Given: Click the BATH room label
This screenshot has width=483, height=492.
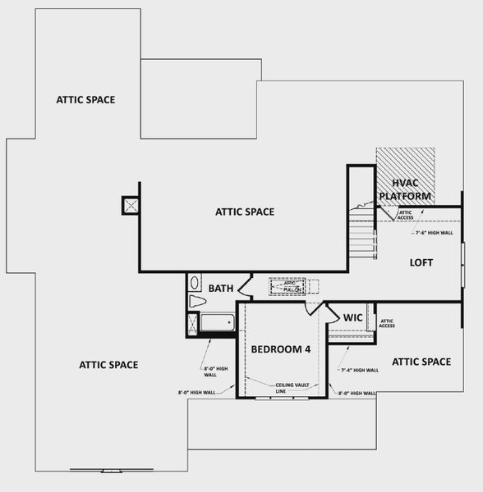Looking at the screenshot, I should tap(220, 288).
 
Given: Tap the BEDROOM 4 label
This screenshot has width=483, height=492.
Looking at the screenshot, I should tap(280, 349).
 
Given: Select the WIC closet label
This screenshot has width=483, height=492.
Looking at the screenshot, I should tap(352, 317).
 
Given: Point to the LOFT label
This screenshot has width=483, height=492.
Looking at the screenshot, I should tap(421, 262).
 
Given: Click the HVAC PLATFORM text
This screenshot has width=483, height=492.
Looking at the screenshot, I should tap(406, 190).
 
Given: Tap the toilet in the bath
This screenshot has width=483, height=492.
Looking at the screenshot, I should tap(197, 302).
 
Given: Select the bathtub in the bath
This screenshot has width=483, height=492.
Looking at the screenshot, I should tap(218, 322).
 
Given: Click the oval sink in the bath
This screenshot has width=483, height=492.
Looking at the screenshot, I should tap(195, 283).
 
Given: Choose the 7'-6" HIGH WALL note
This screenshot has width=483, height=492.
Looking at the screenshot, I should tap(433, 233).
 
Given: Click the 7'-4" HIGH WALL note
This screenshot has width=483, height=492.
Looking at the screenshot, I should tap(359, 370).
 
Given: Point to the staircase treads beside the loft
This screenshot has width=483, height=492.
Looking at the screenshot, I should tap(361, 238).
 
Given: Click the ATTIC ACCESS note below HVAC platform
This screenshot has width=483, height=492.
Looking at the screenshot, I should tap(406, 216).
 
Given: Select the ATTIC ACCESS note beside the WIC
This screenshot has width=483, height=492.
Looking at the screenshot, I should tap(387, 323).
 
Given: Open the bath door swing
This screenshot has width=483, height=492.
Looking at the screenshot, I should tap(244, 287).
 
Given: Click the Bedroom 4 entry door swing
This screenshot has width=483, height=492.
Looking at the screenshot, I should tap(314, 308).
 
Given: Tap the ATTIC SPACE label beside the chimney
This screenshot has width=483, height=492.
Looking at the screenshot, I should tap(244, 212).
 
